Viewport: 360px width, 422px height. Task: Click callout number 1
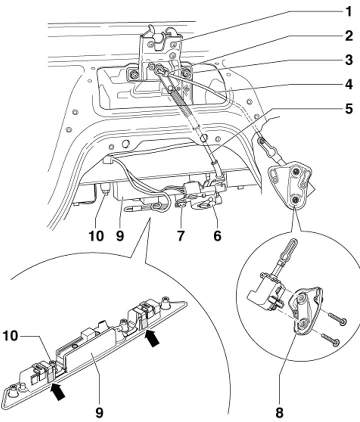(x=348, y=11)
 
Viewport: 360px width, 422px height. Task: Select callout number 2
(x=348, y=36)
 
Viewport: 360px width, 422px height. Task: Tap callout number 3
(x=348, y=59)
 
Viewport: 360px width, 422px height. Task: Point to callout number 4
(x=348, y=84)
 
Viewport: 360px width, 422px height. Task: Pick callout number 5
(x=348, y=108)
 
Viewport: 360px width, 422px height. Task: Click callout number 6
(x=217, y=236)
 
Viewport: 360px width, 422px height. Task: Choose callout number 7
(x=181, y=236)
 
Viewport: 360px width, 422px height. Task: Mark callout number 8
(x=279, y=412)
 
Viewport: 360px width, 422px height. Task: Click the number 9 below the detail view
(x=99, y=412)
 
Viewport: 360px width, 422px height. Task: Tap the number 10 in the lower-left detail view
(x=10, y=336)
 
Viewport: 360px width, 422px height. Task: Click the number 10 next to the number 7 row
(x=96, y=236)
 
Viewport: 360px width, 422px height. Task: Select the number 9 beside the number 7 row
(x=120, y=236)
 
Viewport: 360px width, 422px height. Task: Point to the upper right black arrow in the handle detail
(x=152, y=338)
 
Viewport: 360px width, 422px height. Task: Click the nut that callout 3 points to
(x=186, y=73)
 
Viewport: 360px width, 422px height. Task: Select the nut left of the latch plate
(x=132, y=74)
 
